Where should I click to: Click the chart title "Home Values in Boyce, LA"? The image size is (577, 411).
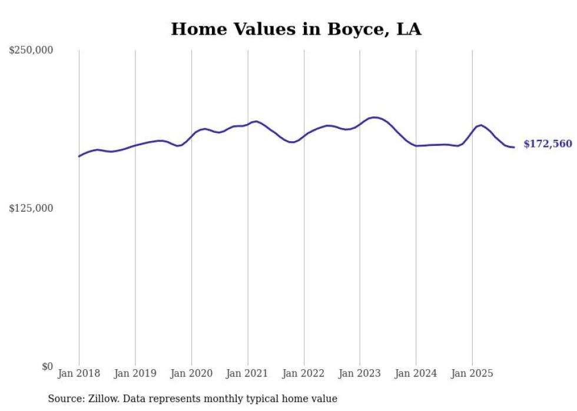296,29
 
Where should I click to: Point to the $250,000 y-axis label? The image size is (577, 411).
31,51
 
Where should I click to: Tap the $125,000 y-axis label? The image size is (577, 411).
31,209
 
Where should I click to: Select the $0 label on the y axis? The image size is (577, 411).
47,367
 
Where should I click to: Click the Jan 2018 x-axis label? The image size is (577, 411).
79,373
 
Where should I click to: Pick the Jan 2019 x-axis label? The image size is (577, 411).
135,373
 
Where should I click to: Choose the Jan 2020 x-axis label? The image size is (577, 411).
191,373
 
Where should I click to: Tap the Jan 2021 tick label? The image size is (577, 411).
247,373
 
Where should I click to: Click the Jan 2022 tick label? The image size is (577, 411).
304,373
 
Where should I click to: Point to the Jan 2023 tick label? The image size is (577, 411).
360,373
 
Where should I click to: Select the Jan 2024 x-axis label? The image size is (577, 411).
416,373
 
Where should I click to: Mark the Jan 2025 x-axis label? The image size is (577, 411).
472,373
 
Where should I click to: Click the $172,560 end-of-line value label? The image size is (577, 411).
548,144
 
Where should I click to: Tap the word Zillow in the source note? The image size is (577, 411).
104,399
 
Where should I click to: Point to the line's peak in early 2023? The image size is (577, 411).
374,118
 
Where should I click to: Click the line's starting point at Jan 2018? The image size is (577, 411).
79,156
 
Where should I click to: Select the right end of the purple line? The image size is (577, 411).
514,147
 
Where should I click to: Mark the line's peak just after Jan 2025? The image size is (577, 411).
481,125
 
